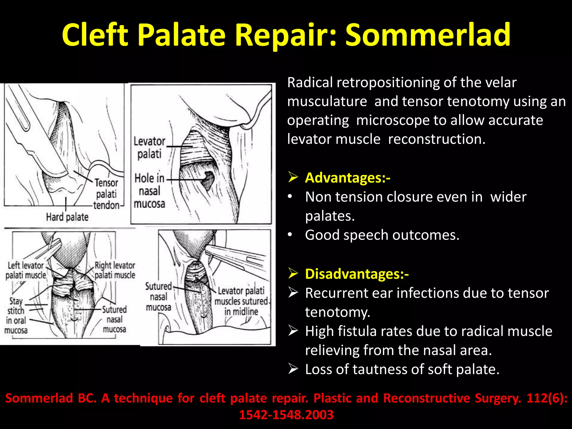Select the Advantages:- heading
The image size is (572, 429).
pos(347,178)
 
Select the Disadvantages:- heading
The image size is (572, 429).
pos(357,274)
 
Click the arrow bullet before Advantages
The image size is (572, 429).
pos(293,177)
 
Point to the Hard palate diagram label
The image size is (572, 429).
pos(67,217)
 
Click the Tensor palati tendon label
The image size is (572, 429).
pos(106,194)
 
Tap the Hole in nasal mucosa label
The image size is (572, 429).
pos(150,191)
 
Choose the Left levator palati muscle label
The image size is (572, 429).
pos(26,270)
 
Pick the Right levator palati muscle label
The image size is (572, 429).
pos(115,270)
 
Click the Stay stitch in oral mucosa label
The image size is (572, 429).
pos(16,316)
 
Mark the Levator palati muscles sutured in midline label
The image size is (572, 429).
pos(241,301)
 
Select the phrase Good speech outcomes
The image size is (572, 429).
pos(382,235)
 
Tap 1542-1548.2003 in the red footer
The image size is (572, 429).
pos(286,415)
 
